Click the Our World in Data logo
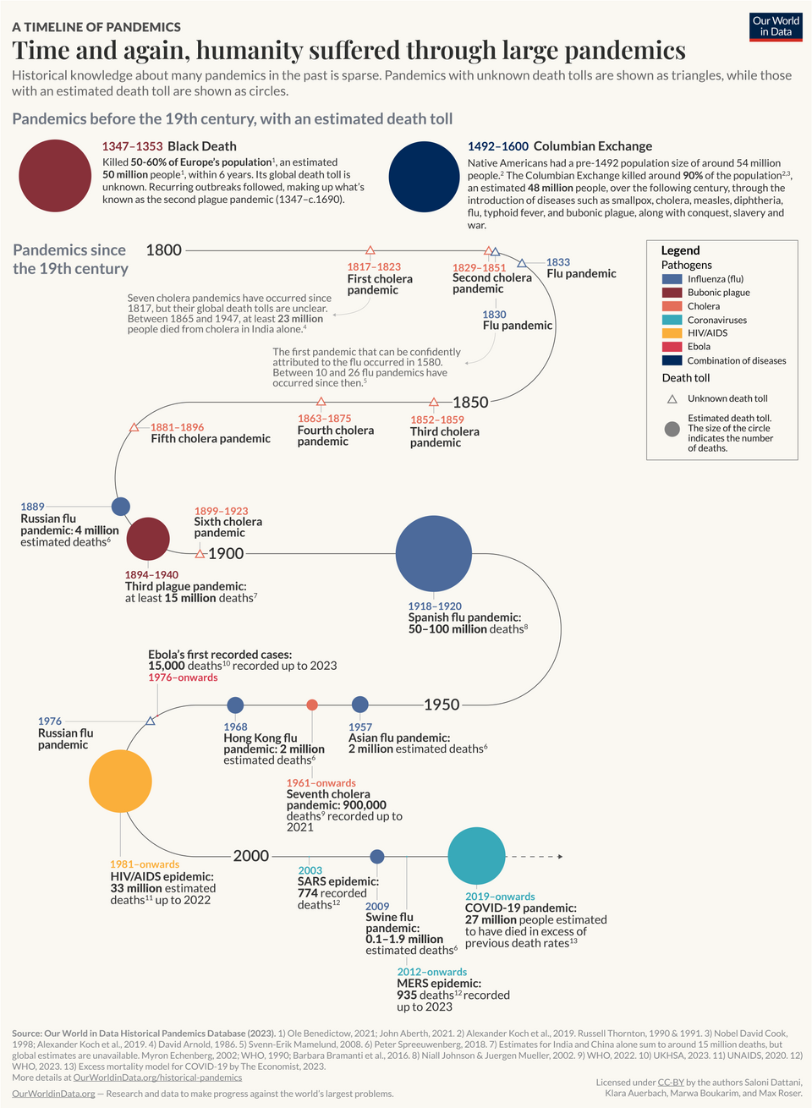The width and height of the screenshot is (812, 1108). (x=776, y=26)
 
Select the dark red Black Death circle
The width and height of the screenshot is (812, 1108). (x=53, y=175)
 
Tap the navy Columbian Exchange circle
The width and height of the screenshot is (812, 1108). (x=424, y=177)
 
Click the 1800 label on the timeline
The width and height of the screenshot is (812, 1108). (x=163, y=250)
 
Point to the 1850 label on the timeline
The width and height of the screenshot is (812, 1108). (x=470, y=402)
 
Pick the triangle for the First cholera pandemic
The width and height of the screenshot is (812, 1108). (x=370, y=250)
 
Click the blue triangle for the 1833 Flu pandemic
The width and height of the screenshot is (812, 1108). (x=522, y=263)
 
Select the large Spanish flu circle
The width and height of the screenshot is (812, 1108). (x=433, y=553)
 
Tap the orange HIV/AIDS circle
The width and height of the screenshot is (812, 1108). (x=120, y=782)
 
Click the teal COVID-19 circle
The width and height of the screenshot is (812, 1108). (x=476, y=856)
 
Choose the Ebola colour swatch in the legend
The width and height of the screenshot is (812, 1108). (x=672, y=347)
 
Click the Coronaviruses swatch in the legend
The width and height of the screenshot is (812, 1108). (x=672, y=320)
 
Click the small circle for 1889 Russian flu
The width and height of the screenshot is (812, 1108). (x=121, y=507)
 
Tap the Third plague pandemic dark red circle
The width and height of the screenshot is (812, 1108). (x=148, y=539)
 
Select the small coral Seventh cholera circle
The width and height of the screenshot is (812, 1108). (x=312, y=705)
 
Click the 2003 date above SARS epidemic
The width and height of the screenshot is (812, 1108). (x=310, y=870)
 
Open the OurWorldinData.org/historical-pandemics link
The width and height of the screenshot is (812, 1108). (x=157, y=1078)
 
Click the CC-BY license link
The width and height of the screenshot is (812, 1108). (x=671, y=1082)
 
